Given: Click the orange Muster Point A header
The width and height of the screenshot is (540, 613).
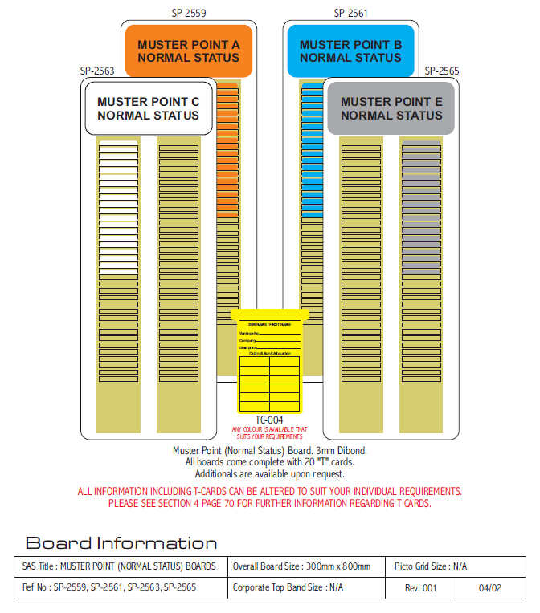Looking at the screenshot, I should (x=188, y=51).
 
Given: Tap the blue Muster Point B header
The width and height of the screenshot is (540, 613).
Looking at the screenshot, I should (x=350, y=51).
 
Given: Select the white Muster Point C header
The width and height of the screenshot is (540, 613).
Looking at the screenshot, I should (x=148, y=108).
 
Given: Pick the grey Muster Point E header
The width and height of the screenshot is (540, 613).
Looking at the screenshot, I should (x=391, y=108).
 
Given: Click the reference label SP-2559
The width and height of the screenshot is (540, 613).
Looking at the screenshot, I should (x=189, y=13).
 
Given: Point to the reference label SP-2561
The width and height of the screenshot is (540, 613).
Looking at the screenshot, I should (x=351, y=13).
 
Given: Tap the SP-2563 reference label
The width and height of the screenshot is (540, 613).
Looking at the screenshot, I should (x=96, y=71).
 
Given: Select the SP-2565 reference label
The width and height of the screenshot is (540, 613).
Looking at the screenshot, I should (x=442, y=71).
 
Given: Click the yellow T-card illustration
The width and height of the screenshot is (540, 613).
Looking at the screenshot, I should (x=269, y=360).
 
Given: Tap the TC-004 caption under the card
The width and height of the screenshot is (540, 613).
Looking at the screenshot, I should (x=269, y=420).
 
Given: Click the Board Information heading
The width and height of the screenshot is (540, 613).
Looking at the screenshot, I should (x=121, y=543).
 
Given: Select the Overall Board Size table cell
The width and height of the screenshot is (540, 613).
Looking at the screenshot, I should (x=301, y=566).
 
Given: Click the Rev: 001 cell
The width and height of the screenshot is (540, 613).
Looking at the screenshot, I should (x=420, y=588).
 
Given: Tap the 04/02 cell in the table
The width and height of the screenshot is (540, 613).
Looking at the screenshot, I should (x=490, y=588).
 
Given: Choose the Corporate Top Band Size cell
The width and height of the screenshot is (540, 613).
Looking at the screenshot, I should (x=288, y=588).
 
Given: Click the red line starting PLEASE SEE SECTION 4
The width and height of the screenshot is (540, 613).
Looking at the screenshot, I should (x=270, y=504).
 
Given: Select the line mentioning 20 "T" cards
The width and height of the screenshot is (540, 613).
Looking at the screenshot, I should (x=270, y=461).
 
